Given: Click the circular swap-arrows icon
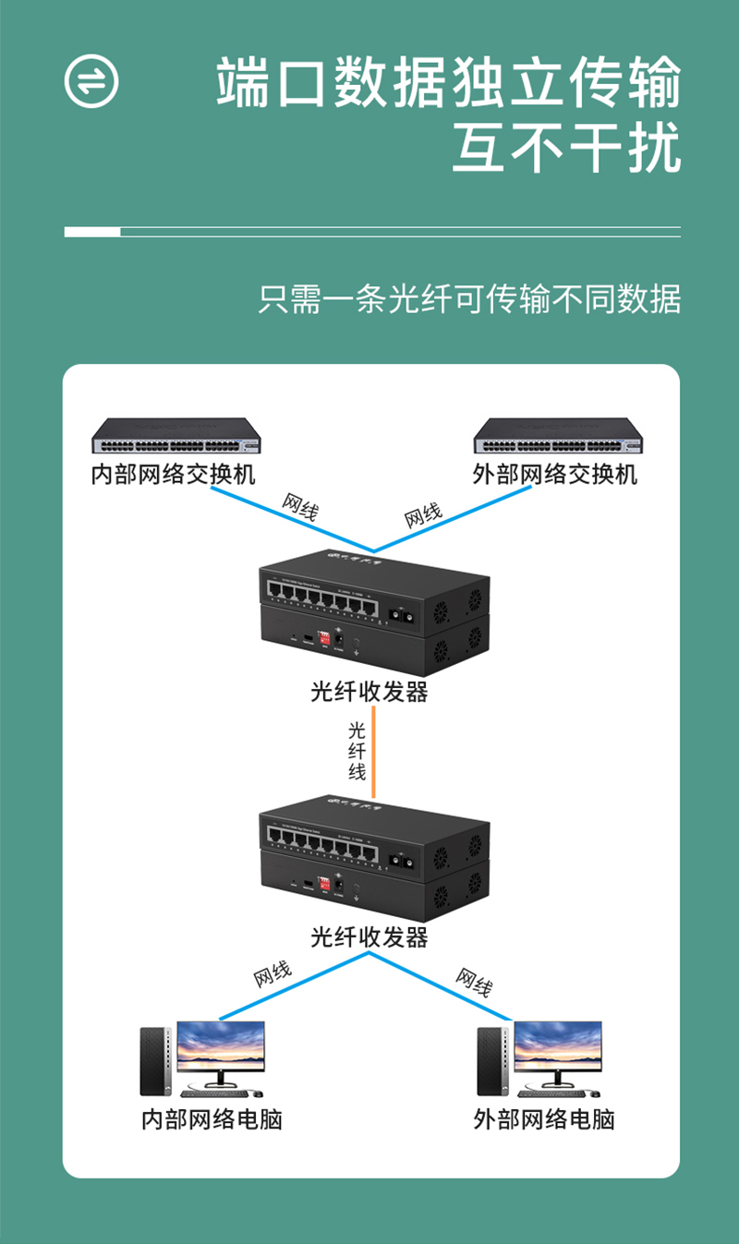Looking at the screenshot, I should tap(91, 80).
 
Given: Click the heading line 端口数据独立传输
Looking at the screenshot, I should tap(449, 83).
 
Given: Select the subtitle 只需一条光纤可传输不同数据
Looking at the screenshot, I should tap(469, 300).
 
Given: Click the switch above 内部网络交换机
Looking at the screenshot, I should tap(176, 435).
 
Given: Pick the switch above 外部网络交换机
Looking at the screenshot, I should tap(557, 435).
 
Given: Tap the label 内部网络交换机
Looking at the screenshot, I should tap(174, 475).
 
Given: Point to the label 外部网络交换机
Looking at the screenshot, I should tap(555, 475).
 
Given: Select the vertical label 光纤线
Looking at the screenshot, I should tap(357, 750).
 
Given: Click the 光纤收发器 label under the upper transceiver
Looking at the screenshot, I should tap(369, 692).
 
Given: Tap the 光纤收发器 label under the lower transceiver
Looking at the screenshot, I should tap(369, 937).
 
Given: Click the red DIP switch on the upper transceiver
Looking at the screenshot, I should tap(324, 638).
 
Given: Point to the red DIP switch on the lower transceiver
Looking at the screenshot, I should tap(324, 883).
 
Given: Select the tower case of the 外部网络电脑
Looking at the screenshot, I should tap(492, 1061).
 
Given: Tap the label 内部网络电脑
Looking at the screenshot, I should tap(212, 1119).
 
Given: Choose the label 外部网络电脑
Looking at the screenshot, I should tap(544, 1119).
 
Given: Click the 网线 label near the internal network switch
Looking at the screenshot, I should tap(299, 507).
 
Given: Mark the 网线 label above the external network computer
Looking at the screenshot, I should tap(473, 982).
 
